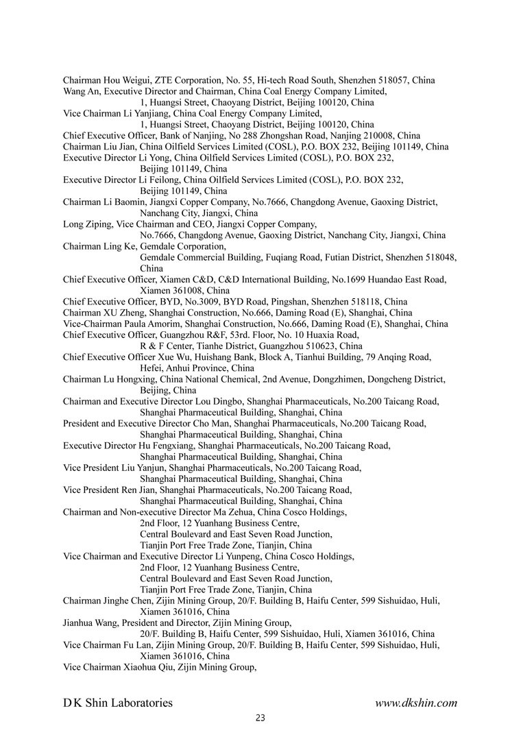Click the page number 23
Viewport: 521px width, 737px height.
(x=260, y=718)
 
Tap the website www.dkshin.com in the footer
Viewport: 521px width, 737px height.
(x=416, y=703)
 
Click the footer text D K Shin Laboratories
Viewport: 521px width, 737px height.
(x=118, y=703)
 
